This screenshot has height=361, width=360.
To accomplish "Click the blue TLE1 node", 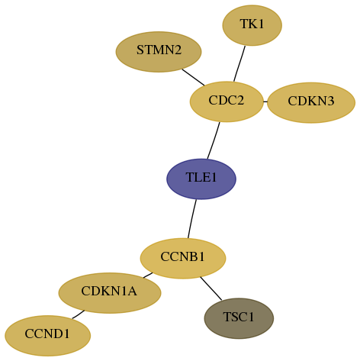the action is tap(201, 179).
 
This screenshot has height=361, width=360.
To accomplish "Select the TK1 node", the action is tap(252, 25).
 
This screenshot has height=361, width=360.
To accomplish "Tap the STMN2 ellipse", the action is tap(159, 52).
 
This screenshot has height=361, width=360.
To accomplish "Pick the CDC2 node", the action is tap(227, 102).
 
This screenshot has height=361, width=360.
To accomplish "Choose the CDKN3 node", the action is tap(311, 102).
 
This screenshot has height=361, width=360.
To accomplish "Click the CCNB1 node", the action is tap(183, 259).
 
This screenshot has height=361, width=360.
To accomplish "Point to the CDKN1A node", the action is tap(110, 293).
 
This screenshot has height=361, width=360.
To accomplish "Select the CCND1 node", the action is tap(48, 336).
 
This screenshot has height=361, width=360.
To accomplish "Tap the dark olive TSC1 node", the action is tap(239, 318).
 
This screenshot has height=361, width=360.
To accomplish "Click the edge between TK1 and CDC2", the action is tap(239, 64).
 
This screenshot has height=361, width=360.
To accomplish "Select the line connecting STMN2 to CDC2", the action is tap(193, 77).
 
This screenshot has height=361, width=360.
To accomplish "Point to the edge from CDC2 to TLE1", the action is tap(214, 140).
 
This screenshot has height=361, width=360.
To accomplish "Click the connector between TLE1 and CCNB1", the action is tap(192, 219).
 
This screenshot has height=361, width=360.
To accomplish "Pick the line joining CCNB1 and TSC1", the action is tap(211, 288).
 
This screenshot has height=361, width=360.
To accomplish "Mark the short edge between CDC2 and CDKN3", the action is tap(265, 102).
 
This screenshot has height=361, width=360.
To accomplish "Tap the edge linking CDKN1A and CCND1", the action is tap(79, 314).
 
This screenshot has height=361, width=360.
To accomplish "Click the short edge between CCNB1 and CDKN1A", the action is tap(148, 276).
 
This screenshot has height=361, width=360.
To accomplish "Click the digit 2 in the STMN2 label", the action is tap(178, 50).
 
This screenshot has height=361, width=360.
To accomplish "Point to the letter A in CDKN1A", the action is tap(132, 291).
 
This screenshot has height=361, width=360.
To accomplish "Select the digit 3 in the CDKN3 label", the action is tap(330, 101).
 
